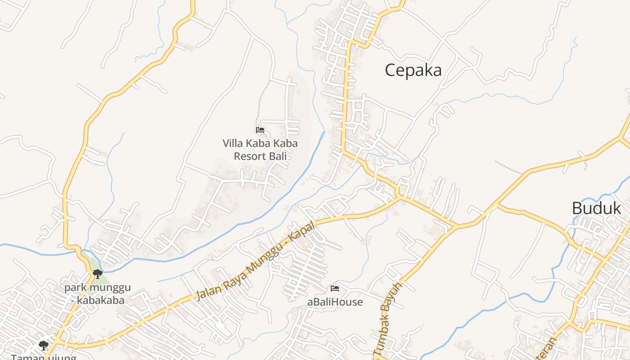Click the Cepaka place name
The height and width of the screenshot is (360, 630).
click(413, 71)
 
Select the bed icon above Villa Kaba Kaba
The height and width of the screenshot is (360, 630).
click(260, 130)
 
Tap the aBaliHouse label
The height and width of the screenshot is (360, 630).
click(335, 302)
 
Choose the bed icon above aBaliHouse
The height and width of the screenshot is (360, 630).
click(334, 288)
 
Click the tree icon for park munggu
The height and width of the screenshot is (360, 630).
click(97, 273)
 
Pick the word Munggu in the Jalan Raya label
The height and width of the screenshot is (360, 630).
click(267, 256)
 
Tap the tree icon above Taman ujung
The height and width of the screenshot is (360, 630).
click(43, 345)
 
